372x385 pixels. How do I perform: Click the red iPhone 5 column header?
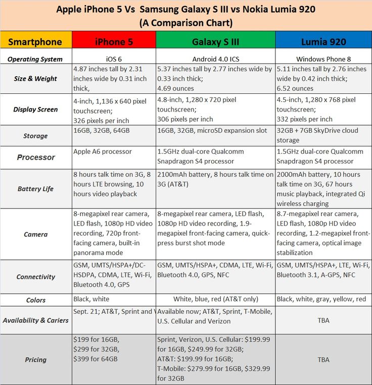114,41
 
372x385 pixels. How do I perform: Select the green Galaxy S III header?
215,41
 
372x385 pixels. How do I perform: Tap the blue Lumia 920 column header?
323,41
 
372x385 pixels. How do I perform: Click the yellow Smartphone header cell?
35,41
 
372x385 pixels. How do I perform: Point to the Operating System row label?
35,59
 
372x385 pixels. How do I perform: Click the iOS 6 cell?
114,59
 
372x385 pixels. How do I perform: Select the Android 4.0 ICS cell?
215,59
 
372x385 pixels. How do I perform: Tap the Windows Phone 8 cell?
323,59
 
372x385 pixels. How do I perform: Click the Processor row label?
36,157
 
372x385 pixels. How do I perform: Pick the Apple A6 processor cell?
103,151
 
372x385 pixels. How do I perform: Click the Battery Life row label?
35,189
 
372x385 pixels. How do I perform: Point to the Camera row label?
35,234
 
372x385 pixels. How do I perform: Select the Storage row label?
35,136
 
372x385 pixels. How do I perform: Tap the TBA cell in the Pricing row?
323,360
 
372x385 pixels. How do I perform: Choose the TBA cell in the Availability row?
323,320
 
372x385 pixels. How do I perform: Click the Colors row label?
35,300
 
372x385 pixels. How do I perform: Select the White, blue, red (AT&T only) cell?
215,299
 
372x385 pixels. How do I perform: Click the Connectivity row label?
35,277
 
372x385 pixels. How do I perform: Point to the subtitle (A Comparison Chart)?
185,23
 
